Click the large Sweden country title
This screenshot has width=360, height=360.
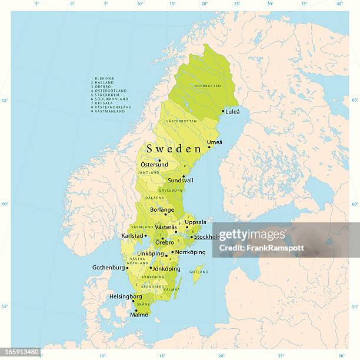(x=174, y=149)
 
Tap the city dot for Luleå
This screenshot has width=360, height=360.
(x=223, y=111)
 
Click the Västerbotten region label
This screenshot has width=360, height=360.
(x=181, y=121)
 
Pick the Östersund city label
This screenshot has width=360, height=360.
(x=154, y=165)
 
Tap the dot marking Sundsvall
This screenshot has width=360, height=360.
(x=183, y=176)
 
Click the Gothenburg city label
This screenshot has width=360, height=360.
(x=109, y=268)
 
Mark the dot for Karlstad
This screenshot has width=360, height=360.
(x=146, y=236)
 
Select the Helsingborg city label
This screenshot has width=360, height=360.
(x=125, y=296)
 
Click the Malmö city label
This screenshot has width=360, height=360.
(x=139, y=315)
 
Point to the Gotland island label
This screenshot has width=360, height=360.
(x=199, y=272)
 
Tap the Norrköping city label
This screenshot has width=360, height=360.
(x=190, y=252)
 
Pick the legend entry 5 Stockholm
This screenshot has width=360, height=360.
(x=105, y=94)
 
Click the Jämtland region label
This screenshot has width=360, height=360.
(x=149, y=173)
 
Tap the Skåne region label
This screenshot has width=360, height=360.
(x=142, y=305)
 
